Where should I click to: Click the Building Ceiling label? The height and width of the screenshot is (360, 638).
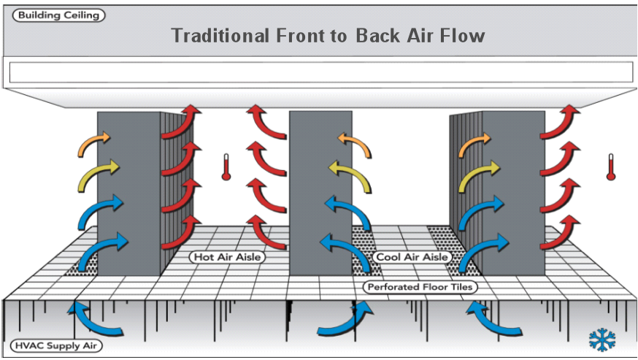(x=58, y=15)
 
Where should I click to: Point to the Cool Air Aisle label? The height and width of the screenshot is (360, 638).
(x=412, y=257)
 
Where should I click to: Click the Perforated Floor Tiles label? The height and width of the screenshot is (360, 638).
(x=420, y=287)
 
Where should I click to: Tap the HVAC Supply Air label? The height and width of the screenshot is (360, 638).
(x=56, y=345)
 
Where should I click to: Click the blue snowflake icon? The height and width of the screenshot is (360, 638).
(x=602, y=340)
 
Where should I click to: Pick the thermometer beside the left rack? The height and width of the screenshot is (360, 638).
(x=227, y=166)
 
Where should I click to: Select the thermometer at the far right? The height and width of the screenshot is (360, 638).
(x=610, y=166)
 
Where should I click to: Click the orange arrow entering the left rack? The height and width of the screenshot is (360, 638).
(x=94, y=142)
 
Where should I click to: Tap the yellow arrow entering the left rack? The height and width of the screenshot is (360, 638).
(x=96, y=171)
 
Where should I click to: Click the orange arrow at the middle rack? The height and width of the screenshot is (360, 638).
(x=355, y=142)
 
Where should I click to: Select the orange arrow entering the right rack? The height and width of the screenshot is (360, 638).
(x=474, y=142)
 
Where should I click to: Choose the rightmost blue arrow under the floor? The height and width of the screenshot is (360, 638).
(x=488, y=319)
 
